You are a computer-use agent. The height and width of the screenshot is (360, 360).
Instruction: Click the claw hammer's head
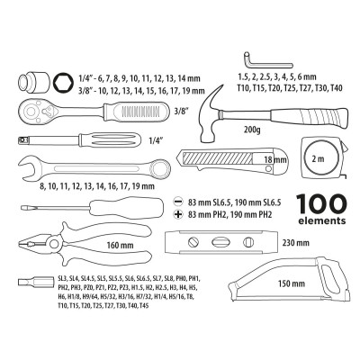(x=208, y=94)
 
